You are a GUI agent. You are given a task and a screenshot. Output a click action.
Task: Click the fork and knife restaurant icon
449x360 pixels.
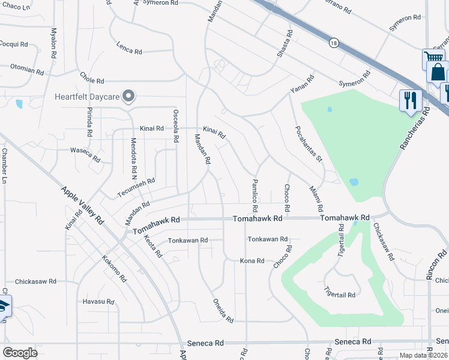click(411, 100)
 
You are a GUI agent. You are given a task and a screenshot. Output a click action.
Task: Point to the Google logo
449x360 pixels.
click(20, 353)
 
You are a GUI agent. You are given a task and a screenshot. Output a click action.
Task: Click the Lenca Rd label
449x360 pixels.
click(129, 50)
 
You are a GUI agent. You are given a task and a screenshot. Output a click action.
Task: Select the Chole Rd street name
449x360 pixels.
click(92, 79)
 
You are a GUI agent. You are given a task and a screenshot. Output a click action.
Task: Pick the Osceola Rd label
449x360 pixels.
click(175, 125)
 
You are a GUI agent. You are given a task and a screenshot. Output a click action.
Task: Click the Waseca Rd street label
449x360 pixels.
click(85, 155)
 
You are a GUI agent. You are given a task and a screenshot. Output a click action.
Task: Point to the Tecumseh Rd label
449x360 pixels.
click(136, 187)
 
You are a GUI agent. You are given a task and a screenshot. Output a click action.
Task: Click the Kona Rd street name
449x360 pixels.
click(252, 261)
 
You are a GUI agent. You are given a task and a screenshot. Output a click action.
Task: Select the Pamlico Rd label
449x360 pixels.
click(255, 196)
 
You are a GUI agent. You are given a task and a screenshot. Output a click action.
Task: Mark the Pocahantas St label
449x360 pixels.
click(309, 144)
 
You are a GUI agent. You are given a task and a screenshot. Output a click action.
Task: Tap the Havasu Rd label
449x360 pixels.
click(98, 301)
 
